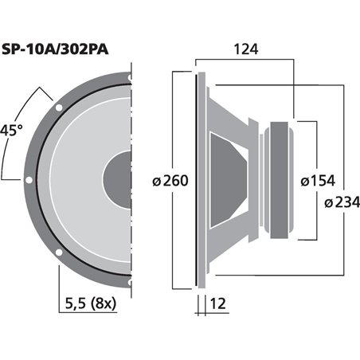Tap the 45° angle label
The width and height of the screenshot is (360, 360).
pyautogui.click(x=11, y=130)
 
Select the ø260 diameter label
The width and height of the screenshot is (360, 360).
pyautogui.click(x=170, y=181)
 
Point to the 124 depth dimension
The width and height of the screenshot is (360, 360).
pyautogui.click(x=245, y=49)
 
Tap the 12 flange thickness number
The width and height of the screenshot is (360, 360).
pyautogui.click(x=221, y=303)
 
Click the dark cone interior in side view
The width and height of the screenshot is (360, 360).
pyautogui.click(x=227, y=179)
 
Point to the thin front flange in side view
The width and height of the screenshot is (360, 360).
pyautogui.click(x=196, y=179)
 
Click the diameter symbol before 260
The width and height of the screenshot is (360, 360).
pyautogui.click(x=155, y=181)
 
